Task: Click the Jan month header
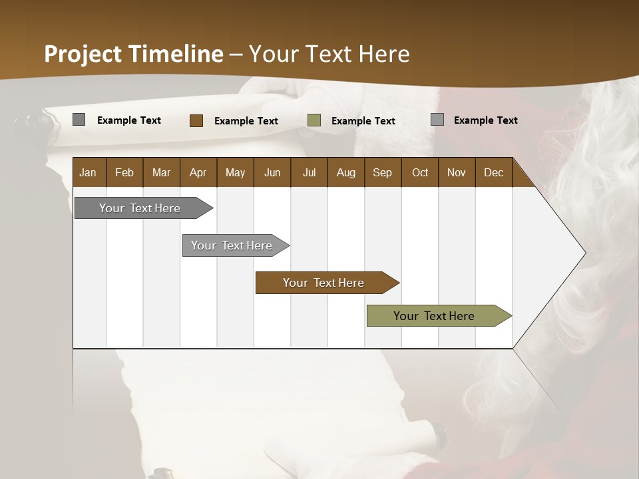click(88, 172)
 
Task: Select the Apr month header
click(198, 172)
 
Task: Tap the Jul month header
click(309, 172)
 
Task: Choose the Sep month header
click(382, 172)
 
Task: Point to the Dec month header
click(493, 172)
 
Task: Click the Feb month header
click(124, 172)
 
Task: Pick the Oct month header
click(420, 172)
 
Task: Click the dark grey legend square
click(79, 120)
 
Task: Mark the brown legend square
click(196, 120)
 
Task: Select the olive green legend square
click(314, 120)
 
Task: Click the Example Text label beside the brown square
click(246, 121)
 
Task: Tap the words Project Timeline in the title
click(134, 54)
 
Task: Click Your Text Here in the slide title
click(329, 54)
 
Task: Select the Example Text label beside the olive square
click(363, 121)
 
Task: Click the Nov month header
click(456, 172)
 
